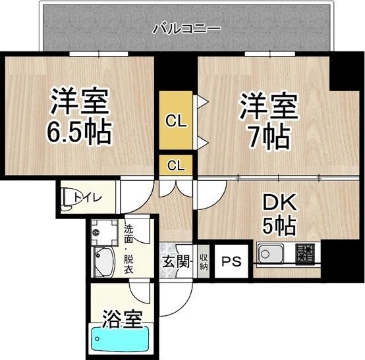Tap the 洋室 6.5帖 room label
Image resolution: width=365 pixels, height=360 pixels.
[78, 118]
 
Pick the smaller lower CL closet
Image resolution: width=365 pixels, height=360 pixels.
[175, 165]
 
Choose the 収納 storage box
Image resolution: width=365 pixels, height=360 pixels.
[204, 261]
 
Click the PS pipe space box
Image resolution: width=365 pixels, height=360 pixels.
[231, 261]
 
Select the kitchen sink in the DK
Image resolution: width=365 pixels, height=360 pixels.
[270, 253]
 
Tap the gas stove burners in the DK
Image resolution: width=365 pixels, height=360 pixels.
[305, 253]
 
